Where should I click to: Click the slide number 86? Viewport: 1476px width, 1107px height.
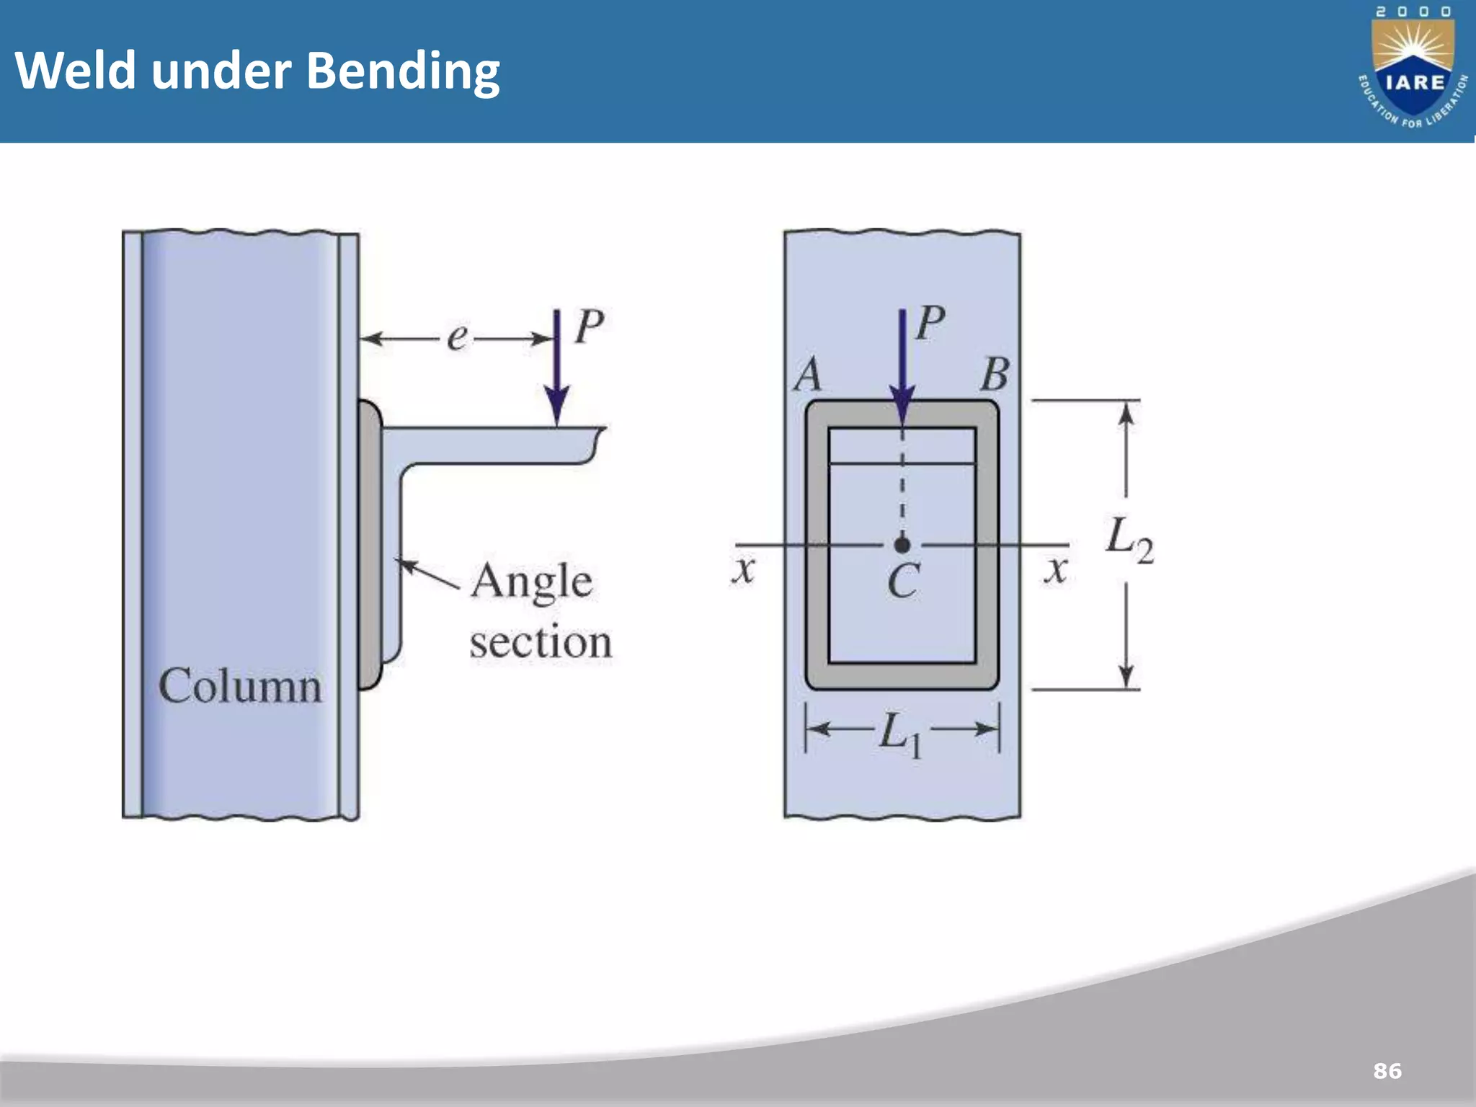pos(1387,1070)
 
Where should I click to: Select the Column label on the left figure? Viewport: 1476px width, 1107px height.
pos(240,685)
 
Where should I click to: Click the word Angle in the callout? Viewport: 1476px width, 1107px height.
pos(531,581)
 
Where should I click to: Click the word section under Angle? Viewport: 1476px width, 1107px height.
pos(541,641)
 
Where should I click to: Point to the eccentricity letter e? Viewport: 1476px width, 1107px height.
pos(457,337)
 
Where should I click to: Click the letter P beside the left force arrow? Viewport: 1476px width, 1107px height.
pos(589,327)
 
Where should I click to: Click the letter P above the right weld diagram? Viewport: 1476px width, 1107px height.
pos(930,322)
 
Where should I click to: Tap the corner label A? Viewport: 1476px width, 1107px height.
pos(808,375)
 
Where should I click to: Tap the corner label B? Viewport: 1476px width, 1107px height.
pos(995,375)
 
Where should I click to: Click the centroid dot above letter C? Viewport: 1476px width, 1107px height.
pos(902,545)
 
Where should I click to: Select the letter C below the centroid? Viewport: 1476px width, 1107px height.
pos(903,581)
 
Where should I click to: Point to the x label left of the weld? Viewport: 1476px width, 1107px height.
pos(743,569)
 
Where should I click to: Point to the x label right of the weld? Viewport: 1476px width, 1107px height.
pos(1056,569)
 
